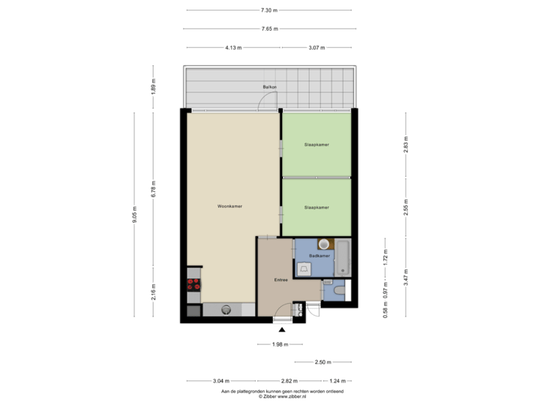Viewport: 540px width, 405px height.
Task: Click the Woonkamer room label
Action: pyautogui.click(x=229, y=206)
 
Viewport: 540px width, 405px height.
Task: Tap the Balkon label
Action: pyautogui.click(x=269, y=88)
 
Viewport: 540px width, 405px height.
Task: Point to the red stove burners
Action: pyautogui.click(x=193, y=284)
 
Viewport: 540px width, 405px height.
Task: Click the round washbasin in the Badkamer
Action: pyautogui.click(x=323, y=244)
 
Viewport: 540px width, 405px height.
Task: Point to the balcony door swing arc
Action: pyautogui.click(x=266, y=105)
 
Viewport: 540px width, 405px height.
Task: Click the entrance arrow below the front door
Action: pyautogui.click(x=282, y=327)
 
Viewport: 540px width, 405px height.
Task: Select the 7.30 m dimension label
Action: pyautogui.click(x=268, y=10)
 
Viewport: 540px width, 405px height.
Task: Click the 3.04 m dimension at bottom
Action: pyautogui.click(x=221, y=380)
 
